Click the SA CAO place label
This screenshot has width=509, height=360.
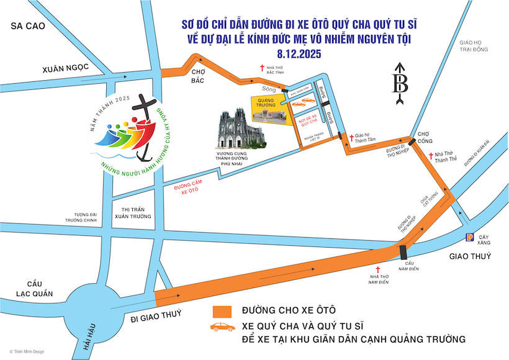(x=22, y=26)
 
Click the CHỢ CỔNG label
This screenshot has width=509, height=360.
(x=424, y=137)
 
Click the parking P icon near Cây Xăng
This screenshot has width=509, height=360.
(x=470, y=236)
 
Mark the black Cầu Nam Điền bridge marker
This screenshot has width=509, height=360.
(x=404, y=253)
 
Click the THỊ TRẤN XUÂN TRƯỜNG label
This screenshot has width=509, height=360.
(x=130, y=213)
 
